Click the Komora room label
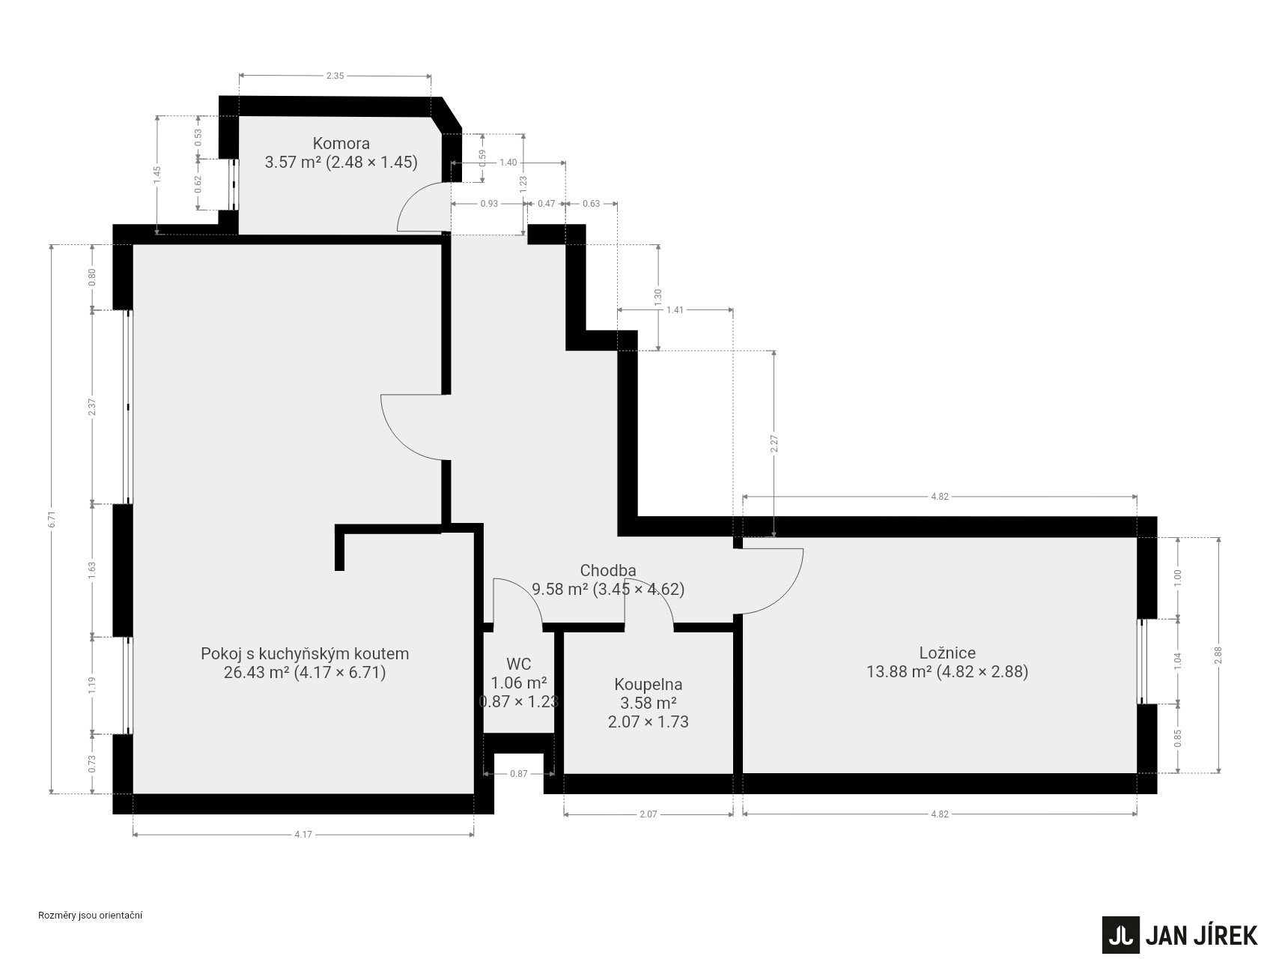point(341,143)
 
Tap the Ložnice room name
point(947,653)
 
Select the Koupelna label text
point(648,684)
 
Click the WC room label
point(518,664)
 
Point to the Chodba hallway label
point(608,571)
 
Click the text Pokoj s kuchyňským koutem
point(305,653)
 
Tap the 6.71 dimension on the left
point(52,519)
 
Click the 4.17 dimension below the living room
point(303,835)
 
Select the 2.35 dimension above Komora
point(335,76)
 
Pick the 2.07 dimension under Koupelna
point(648,814)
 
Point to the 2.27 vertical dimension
point(774,444)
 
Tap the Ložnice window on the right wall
point(1142,662)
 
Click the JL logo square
point(1120,935)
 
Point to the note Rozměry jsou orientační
point(90,915)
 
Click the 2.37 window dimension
point(92,407)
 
